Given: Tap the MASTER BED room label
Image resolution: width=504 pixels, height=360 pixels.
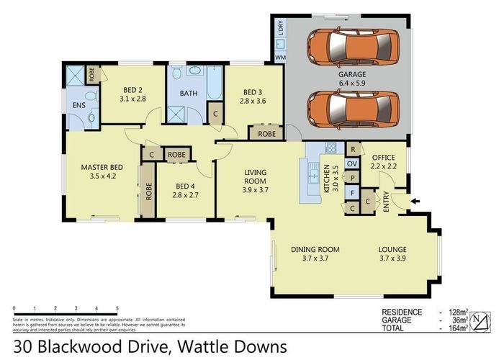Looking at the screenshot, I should [x=102, y=167].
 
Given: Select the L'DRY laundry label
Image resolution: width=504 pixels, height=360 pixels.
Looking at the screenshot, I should [x=281, y=29].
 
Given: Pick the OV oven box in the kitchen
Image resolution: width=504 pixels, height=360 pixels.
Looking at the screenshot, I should [x=352, y=163].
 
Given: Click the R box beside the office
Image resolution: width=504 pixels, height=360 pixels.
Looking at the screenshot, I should [x=352, y=148].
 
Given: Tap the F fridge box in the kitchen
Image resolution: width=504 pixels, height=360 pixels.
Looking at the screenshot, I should [x=352, y=192].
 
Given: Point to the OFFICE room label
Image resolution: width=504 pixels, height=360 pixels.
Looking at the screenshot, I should [x=383, y=156].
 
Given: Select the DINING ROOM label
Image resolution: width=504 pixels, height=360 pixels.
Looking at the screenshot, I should [x=315, y=249].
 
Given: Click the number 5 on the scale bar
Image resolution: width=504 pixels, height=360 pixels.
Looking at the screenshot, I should [x=117, y=307].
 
